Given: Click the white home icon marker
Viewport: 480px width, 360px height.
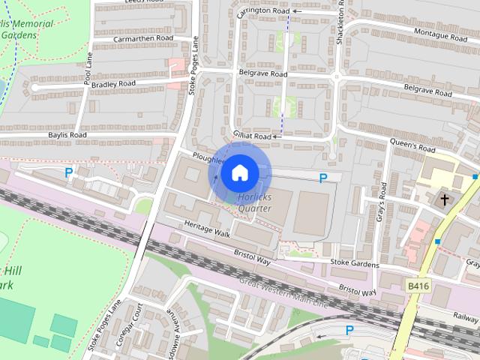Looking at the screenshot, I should [239, 173].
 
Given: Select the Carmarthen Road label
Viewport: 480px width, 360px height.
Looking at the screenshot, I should [143, 38].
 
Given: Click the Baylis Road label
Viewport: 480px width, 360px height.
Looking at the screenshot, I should [67, 135].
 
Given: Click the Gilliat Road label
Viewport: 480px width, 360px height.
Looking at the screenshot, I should [251, 136].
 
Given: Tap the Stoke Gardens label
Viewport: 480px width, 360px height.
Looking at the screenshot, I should [355, 264].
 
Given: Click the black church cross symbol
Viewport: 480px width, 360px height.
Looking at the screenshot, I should [445, 199].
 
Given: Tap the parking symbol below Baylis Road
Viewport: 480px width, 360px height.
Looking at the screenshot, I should [69, 172].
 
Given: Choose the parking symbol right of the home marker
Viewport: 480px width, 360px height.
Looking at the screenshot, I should [323, 178].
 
